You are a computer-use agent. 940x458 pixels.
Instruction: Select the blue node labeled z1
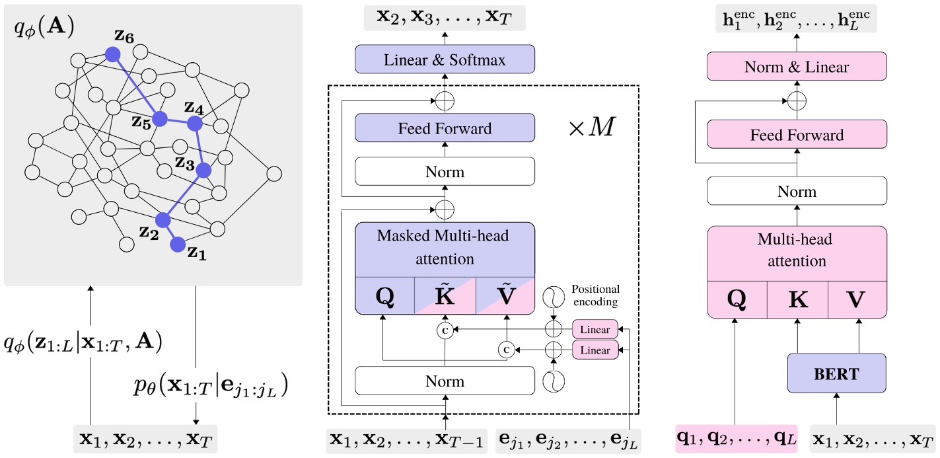click(177, 246)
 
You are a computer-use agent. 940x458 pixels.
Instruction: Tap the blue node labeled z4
click(194, 123)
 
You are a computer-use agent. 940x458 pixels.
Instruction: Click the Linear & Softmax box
click(445, 59)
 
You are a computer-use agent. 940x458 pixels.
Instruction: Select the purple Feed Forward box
click(445, 128)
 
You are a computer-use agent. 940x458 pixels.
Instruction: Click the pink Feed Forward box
click(797, 135)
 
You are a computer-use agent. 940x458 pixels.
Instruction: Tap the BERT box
click(836, 374)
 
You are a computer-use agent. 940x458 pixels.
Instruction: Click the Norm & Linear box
click(797, 67)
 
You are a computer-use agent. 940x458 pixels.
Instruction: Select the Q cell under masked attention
click(384, 296)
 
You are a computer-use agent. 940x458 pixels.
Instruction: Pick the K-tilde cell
click(445, 296)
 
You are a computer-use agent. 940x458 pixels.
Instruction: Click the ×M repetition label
click(591, 128)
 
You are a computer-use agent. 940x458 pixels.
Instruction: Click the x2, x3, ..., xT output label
click(445, 18)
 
